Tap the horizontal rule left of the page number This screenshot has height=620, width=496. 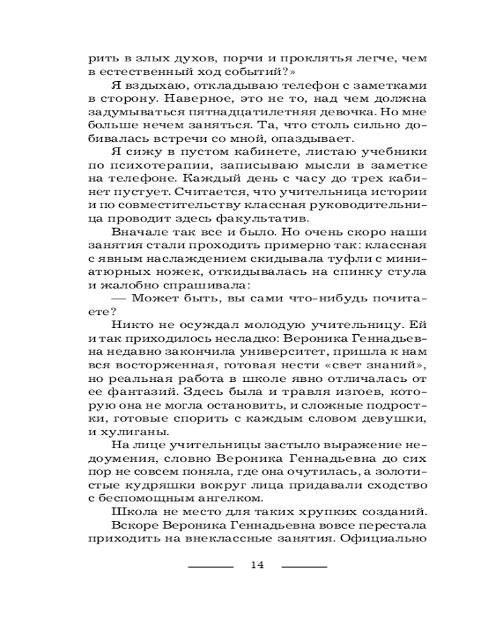click(x=211, y=566)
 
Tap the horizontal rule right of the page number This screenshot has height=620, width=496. click(x=304, y=566)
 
